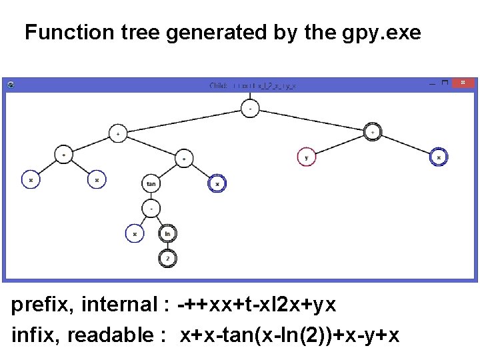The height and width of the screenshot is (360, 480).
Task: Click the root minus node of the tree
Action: pos(250,108)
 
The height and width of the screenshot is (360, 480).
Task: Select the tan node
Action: pos(151,183)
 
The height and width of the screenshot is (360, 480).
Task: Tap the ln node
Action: pos(168,233)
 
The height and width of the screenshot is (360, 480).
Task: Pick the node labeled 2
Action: pos(168,259)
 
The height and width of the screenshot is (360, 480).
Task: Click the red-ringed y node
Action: pos(306,157)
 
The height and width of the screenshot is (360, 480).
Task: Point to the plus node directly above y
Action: pos(372,132)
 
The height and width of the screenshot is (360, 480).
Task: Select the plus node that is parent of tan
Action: pos(184,158)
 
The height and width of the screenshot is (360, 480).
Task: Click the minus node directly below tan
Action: pos(151,208)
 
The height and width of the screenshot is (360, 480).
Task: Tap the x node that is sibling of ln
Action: pos(135,233)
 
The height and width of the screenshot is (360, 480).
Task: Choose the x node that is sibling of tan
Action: pos(217,183)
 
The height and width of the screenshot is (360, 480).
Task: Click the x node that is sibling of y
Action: pos(438,157)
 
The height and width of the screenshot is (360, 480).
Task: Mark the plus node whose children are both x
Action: pos(63,153)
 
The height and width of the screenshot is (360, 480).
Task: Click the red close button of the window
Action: pos(463,83)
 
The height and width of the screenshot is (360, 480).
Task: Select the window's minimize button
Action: pos(433,83)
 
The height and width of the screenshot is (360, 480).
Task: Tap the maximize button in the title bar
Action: pos(446,83)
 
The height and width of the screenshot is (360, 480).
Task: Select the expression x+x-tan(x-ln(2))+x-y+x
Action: pos(290,335)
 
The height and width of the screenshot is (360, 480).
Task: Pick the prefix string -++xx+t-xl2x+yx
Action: pos(257,305)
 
